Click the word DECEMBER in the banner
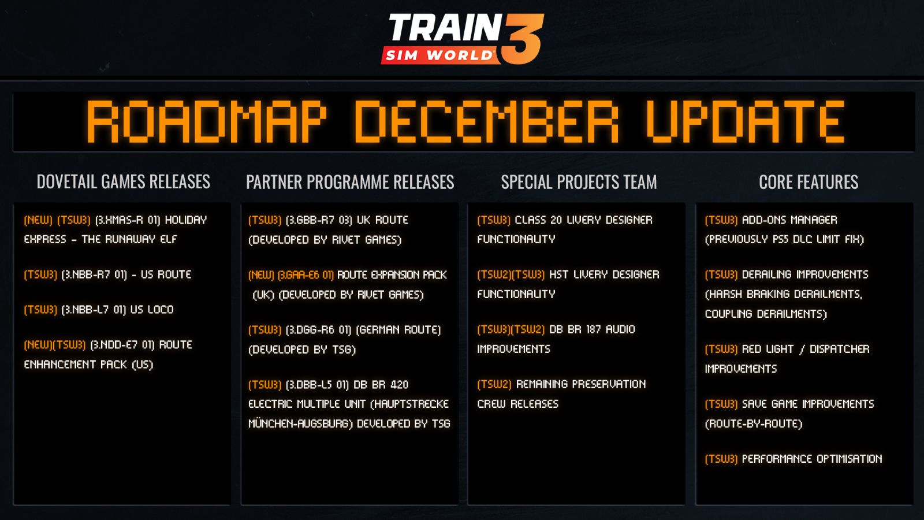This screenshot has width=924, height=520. coord(487,122)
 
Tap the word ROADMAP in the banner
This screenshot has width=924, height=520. coord(206,122)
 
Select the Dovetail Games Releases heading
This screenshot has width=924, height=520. coord(124,181)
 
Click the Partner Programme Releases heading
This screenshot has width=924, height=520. coord(350,182)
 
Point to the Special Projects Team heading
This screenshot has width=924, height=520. coord(579,182)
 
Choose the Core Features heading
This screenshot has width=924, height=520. coord(808,182)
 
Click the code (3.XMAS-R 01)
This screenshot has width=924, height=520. coord(128,220)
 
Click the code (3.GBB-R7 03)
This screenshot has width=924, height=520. coord(319,220)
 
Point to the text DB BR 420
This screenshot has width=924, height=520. coord(381,385)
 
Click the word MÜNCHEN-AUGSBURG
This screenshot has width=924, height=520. coord(298,424)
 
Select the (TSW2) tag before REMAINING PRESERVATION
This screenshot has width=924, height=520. coord(494,384)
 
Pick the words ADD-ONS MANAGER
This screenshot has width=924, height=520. coord(789,220)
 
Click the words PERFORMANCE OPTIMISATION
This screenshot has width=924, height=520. coord(812,459)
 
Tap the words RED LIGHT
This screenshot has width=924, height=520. coord(767,349)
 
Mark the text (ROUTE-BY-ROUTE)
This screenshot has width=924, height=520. coord(754,424)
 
